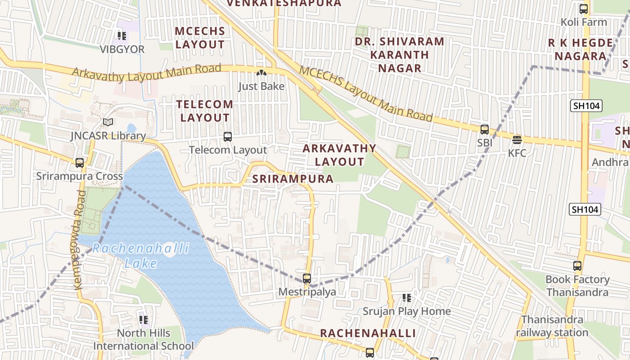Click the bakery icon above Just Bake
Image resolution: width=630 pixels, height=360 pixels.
[x=261, y=73]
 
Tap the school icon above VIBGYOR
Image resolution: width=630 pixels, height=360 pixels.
[x=121, y=36]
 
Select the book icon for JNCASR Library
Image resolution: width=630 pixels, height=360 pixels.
[x=108, y=122]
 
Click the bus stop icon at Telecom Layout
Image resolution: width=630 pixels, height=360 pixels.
[x=228, y=136]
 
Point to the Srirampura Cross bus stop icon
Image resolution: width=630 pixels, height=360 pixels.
[x=80, y=162]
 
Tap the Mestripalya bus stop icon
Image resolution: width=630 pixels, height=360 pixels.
[x=307, y=278]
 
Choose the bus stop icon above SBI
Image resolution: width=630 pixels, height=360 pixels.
[x=485, y=130]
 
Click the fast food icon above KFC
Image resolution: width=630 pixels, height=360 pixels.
[x=517, y=139]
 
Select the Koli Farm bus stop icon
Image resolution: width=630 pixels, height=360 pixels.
[x=584, y=9]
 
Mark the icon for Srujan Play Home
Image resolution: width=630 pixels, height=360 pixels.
[x=407, y=297]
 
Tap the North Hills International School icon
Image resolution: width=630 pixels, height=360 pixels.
[x=144, y=320]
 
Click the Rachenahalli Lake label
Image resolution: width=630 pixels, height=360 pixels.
[x=141, y=256]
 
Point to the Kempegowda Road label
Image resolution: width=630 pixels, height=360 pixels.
[x=78, y=240]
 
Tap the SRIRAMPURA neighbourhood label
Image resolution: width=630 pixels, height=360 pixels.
[x=293, y=179]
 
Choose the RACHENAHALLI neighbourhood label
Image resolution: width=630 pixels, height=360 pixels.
[x=368, y=333]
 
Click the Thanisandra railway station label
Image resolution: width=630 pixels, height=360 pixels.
[x=552, y=326]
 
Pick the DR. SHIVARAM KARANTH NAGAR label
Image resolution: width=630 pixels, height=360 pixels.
[x=400, y=55]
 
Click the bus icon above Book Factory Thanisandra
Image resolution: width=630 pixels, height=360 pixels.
[x=577, y=266]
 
